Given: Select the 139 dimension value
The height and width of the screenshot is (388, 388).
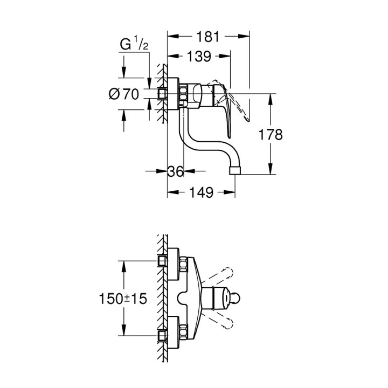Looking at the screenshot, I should pos(199,56).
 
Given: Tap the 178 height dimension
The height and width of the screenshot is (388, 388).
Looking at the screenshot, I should pos(271,134).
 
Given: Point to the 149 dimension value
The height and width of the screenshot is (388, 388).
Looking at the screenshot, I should pos(202,192).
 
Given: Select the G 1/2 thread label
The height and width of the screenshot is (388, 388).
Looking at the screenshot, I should pos(134,45).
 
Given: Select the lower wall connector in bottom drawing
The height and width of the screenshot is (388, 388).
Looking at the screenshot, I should pos(163,335).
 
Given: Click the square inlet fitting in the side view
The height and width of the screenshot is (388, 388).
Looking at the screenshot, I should pos(163,94).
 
